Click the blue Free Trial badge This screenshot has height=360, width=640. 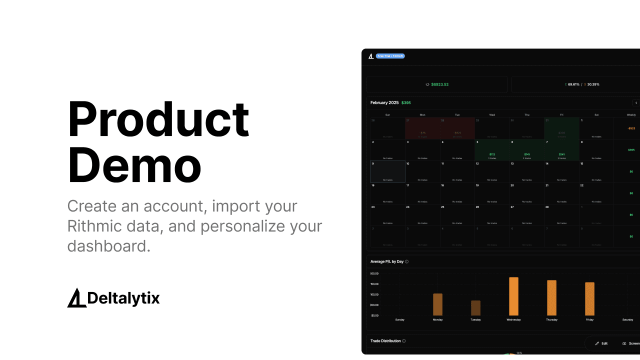[390, 56]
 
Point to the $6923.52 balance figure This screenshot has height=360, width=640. [440, 84]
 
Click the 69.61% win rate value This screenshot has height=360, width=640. [573, 84]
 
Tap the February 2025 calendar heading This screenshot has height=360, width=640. [384, 102]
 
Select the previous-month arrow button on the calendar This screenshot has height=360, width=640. [636, 103]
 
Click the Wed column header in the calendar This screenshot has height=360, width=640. [492, 115]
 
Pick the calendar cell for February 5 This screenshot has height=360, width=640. [492, 150]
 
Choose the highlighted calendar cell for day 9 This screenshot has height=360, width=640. [387, 171]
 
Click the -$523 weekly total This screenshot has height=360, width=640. [631, 128]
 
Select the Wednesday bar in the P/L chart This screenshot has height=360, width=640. [513, 296]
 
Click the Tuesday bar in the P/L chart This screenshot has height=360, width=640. [475, 307]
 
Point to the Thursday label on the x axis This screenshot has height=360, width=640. [551, 319]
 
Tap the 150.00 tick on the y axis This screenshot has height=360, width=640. [374, 284]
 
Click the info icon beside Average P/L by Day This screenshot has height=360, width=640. [406, 261]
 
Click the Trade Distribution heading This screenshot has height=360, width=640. [385, 341]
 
